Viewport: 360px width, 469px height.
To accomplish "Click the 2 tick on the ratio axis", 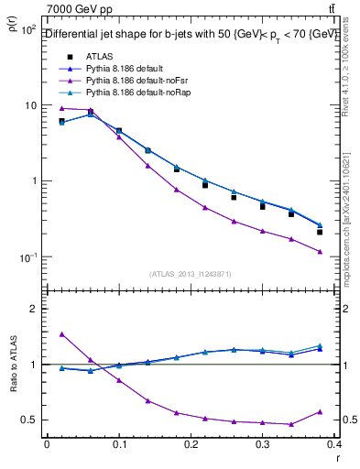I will pyautogui.click(x=33, y=309).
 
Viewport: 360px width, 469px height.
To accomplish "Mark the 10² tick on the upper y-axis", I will pyautogui.click(x=27, y=30).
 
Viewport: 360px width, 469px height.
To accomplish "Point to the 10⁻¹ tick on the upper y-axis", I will pyautogui.click(x=27, y=256).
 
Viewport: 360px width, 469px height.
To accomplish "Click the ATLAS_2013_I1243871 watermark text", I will pyautogui.click(x=191, y=274).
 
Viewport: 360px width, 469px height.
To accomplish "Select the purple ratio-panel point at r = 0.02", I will pyautogui.click(x=61, y=334).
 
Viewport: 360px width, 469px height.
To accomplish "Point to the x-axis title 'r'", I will pyautogui.click(x=336, y=459).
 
